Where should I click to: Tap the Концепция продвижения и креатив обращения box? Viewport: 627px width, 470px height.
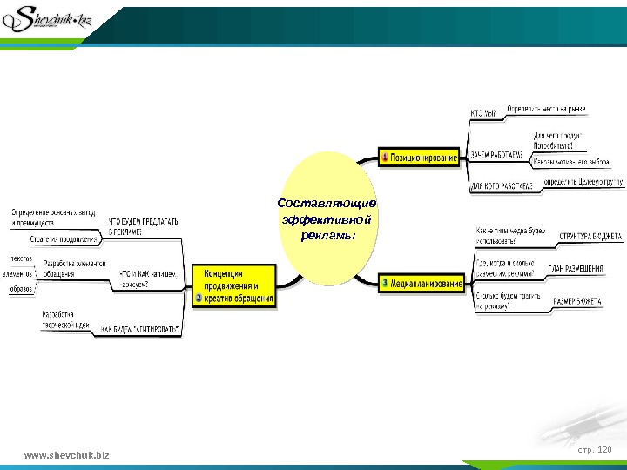click(234, 285)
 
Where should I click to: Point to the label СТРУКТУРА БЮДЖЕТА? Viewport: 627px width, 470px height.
click(590, 236)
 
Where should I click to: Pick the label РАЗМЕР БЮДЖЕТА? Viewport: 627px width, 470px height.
click(576, 301)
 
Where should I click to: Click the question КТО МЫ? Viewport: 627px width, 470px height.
click(483, 113)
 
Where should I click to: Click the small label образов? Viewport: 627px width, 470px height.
click(22, 288)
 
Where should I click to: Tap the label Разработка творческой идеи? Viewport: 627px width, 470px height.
click(65, 319)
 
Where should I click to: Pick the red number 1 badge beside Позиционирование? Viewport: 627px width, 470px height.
click(385, 158)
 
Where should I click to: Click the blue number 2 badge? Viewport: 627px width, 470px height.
click(199, 298)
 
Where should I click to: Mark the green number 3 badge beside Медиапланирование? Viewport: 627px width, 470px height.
click(385, 284)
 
